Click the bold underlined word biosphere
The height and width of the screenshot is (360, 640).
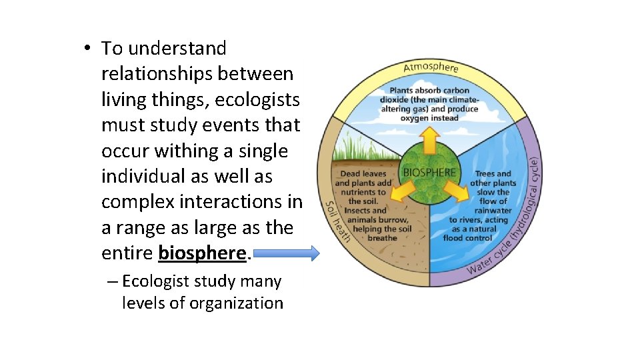(202, 253)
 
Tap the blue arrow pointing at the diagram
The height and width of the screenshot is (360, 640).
(287, 253)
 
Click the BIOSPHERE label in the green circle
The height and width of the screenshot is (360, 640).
(429, 172)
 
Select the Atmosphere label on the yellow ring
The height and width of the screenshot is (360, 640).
(431, 67)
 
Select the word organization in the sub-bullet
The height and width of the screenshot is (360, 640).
(236, 303)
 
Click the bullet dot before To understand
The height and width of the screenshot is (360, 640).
(87, 48)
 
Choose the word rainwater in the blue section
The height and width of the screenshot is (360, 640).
(493, 211)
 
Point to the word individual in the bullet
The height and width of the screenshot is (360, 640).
(139, 177)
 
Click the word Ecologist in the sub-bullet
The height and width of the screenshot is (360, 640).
(157, 282)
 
